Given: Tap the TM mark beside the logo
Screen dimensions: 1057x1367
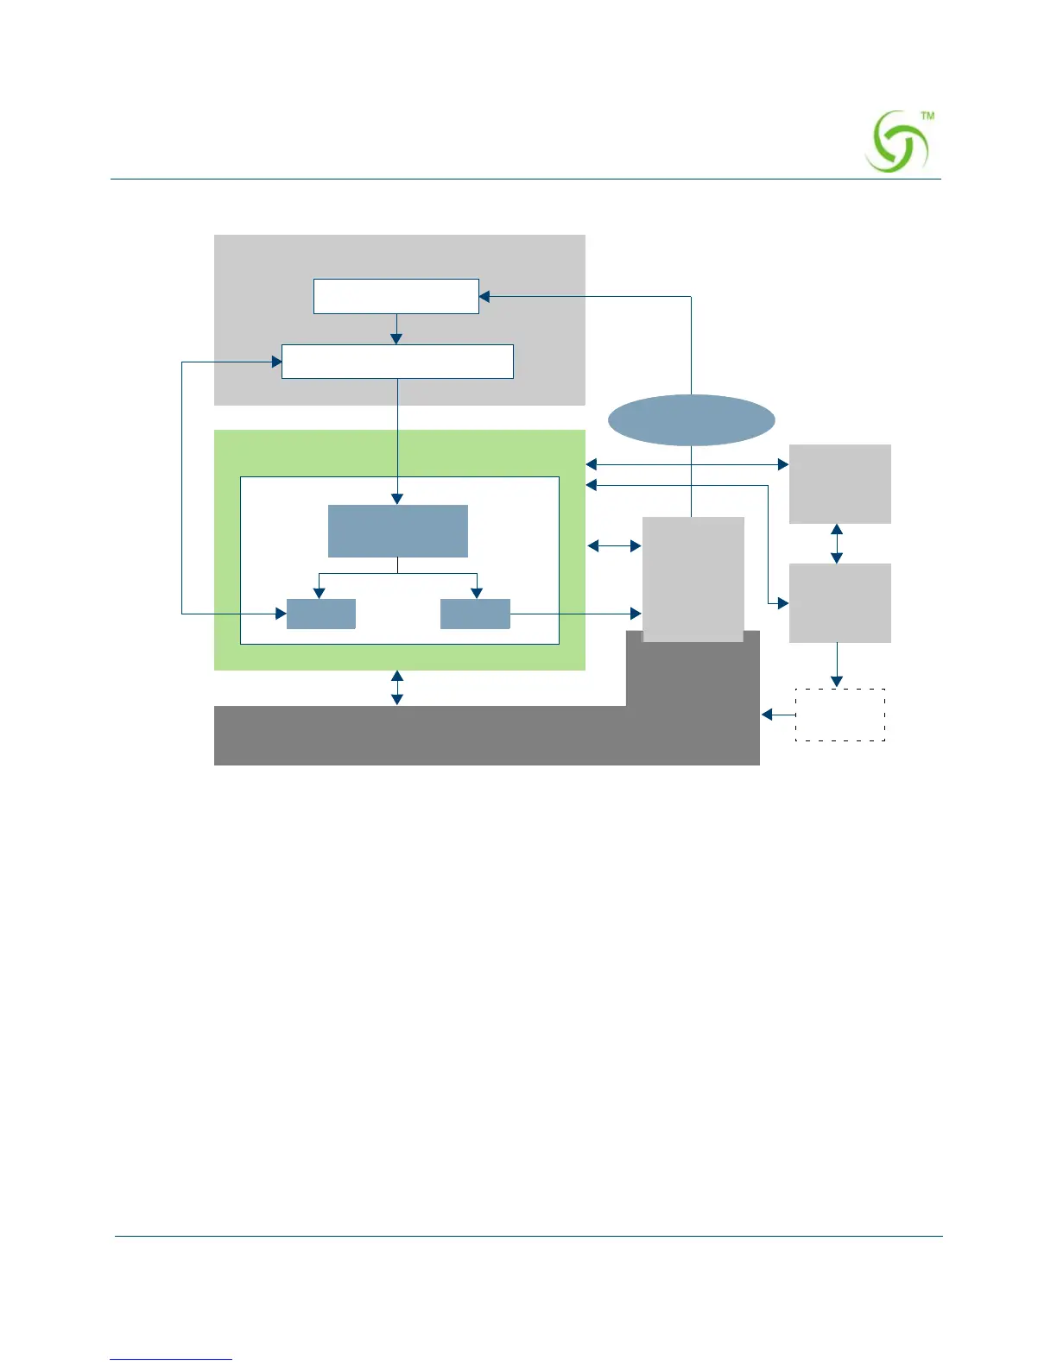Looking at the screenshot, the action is pos(927,116).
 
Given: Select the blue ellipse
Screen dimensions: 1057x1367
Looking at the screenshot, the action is pos(691,420).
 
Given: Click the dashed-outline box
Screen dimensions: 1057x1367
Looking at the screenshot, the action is pos(839,715).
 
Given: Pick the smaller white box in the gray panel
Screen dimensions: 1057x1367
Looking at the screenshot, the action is pos(396,296).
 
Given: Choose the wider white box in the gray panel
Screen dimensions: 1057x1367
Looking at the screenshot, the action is pos(397,362).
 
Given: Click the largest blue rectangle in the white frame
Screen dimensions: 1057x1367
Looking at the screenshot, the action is pos(397,531).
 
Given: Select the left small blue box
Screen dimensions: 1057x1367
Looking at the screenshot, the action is pos(320,614).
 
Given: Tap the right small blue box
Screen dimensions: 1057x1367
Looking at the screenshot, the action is pos(475,614).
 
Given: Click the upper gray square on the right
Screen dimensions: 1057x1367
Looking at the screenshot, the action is pos(839,483).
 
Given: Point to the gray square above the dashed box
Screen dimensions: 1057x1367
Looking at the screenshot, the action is pos(839,602).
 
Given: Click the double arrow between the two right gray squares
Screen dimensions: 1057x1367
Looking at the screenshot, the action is pos(836,544).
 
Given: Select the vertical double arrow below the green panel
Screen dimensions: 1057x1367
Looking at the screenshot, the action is pos(397,688).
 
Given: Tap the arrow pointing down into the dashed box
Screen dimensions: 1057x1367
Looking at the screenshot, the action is pos(836,665).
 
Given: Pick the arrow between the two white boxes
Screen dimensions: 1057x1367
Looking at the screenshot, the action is pos(396,329).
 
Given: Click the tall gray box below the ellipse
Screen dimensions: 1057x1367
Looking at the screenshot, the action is pos(693,578).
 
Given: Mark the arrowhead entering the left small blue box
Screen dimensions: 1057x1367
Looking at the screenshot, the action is pos(281,614).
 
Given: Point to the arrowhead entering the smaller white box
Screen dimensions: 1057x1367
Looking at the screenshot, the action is pos(484,297).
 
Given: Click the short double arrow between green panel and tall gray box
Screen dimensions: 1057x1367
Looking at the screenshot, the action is pos(614,545).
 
